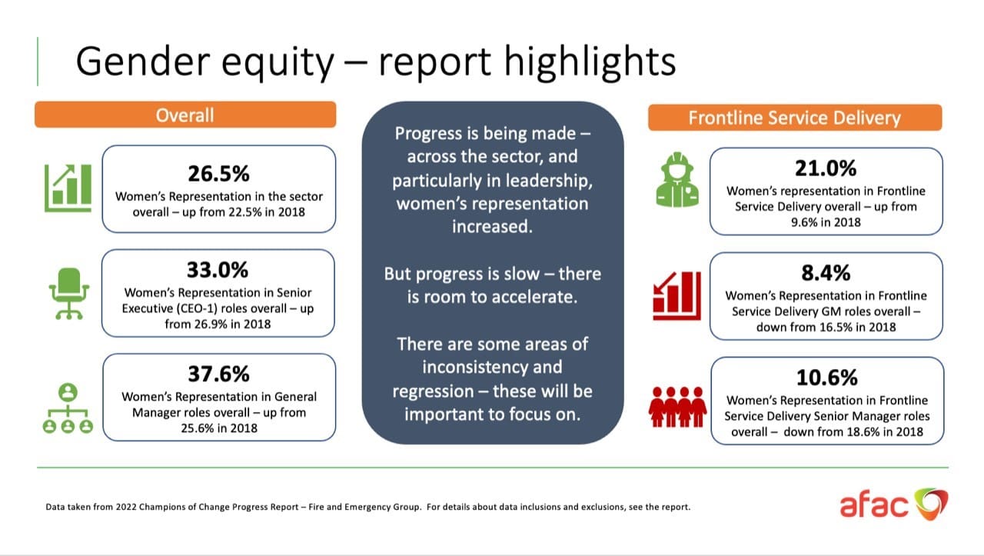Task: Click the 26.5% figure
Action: click(218, 174)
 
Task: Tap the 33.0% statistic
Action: click(218, 270)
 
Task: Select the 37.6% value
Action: click(218, 374)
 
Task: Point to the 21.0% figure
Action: click(826, 168)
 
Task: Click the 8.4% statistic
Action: click(826, 273)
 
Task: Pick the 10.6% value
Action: click(826, 378)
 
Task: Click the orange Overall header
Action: click(185, 115)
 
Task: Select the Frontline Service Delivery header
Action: click(795, 118)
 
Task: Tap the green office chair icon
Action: click(69, 293)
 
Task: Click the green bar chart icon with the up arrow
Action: click(68, 188)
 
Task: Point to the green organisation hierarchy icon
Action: click(68, 408)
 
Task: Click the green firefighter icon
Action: click(677, 180)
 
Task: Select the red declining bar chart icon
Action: click(676, 295)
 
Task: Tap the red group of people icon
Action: click(677, 407)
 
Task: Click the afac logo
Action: click(894, 504)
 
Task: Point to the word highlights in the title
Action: click(590, 63)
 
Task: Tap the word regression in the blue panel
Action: click(433, 391)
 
